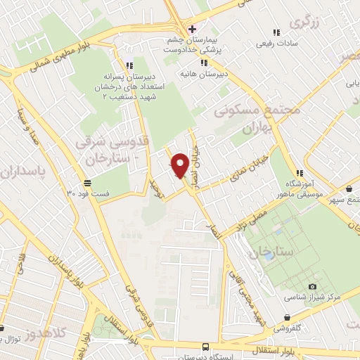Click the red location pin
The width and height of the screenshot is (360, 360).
pos(180,165)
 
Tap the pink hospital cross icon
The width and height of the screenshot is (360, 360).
pos(192,29)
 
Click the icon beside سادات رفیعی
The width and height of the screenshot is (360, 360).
pos(276,32)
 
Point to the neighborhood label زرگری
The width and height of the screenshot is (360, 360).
pos(309,20)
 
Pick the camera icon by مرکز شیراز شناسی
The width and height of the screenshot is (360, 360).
pos(312,287)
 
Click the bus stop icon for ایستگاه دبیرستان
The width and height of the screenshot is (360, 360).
pos(205,347)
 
